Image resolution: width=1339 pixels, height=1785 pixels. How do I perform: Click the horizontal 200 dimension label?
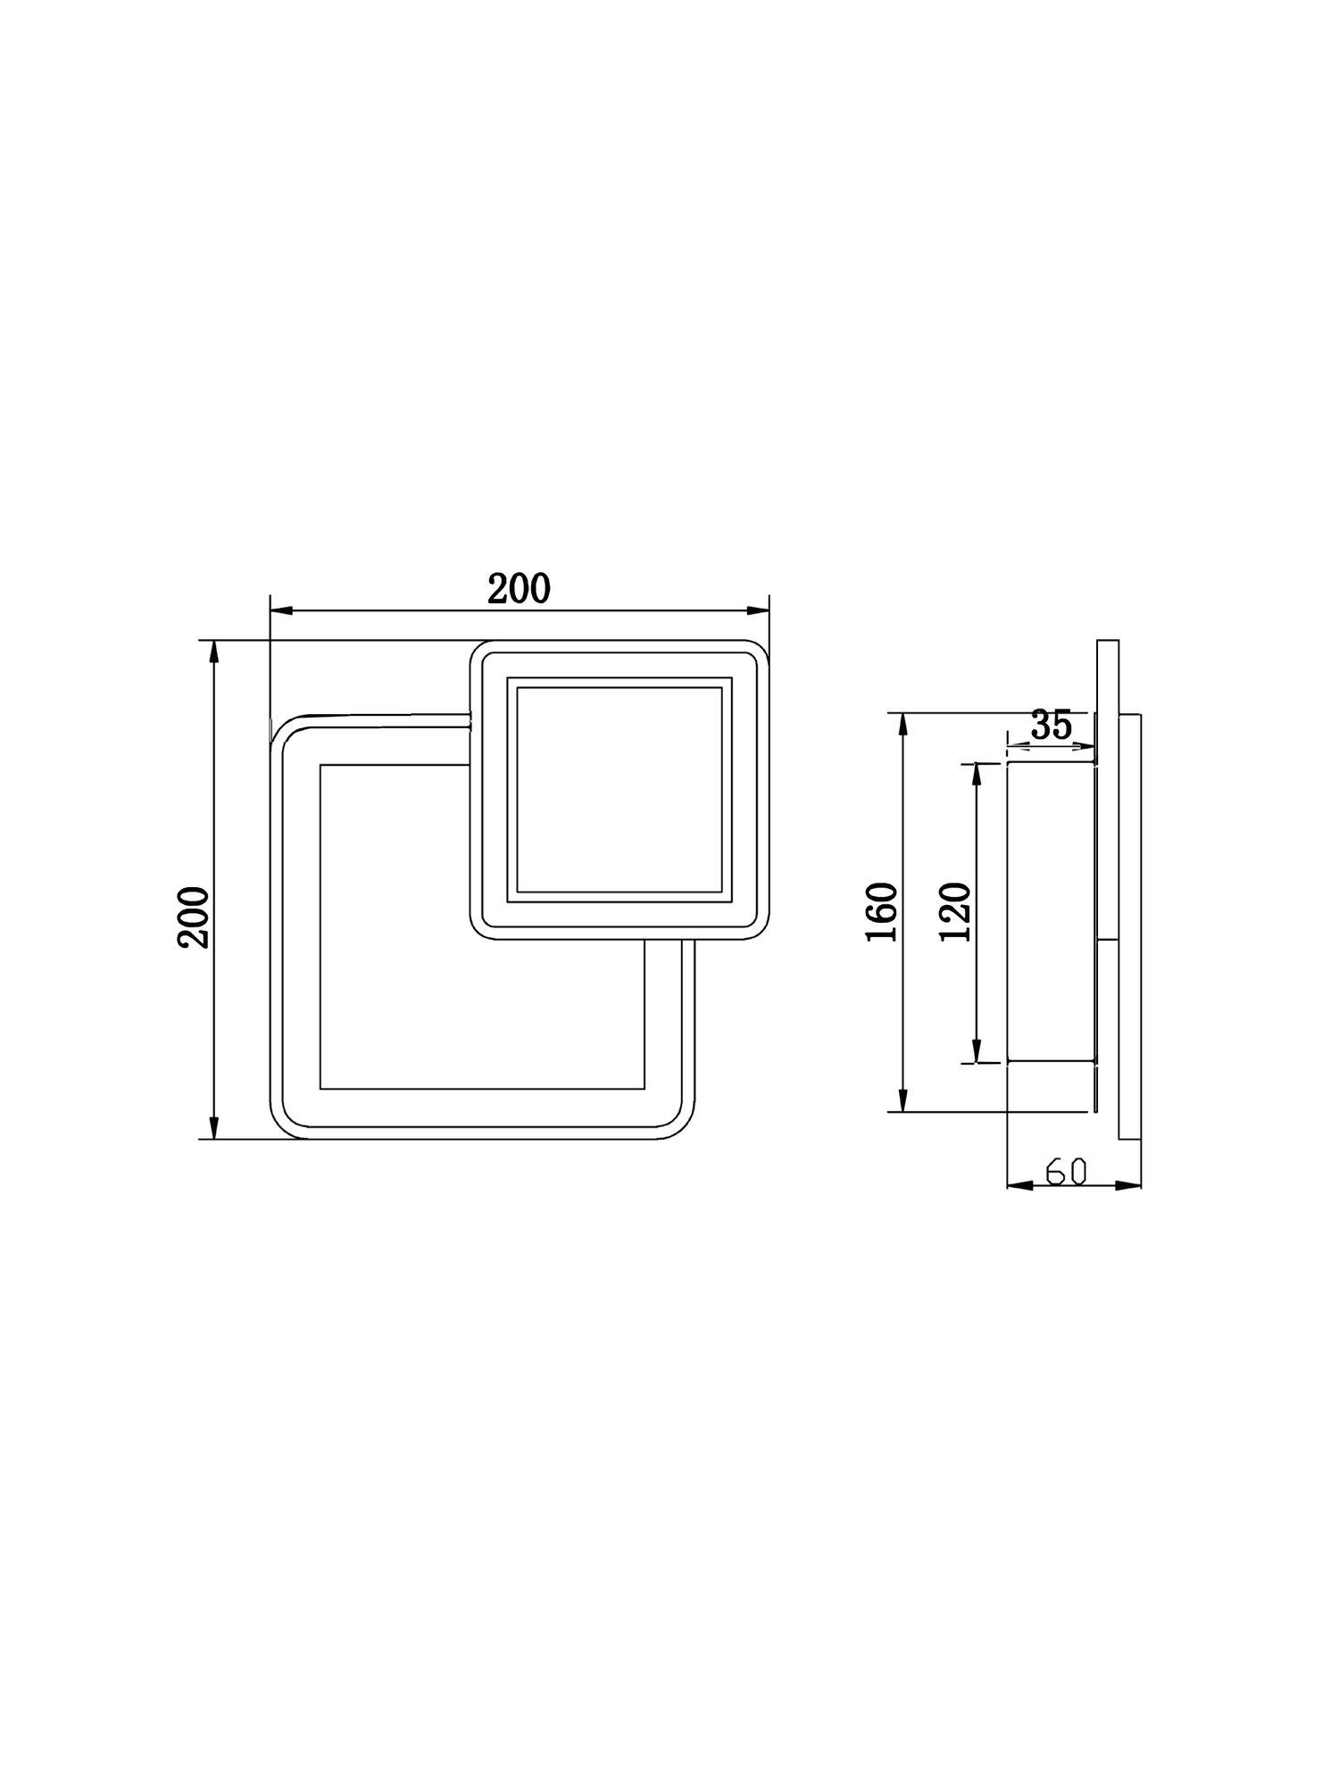click(x=519, y=589)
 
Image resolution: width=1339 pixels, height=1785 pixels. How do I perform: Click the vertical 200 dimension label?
click(x=194, y=917)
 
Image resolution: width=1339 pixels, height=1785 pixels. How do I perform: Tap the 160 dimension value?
click(x=881, y=911)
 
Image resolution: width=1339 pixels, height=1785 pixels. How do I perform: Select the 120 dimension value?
click(x=955, y=911)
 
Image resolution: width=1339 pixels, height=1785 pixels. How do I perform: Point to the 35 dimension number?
click(x=1051, y=725)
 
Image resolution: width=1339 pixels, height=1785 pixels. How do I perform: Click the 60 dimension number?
click(x=1066, y=1171)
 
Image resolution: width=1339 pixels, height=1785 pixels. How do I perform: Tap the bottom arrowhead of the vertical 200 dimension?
click(x=213, y=1128)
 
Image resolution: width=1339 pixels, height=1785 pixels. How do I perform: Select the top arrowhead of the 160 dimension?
click(x=903, y=724)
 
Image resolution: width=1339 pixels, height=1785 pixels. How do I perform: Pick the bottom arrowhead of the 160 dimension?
click(x=903, y=1100)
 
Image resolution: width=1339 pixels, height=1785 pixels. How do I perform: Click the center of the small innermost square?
click(x=619, y=790)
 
